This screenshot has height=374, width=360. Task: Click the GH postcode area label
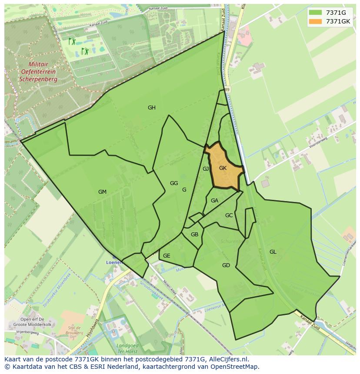tap(151, 108)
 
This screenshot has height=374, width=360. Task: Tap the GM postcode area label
tap(102, 192)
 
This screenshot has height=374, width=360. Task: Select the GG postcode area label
tap(174, 183)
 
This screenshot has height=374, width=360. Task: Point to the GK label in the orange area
tap(223, 168)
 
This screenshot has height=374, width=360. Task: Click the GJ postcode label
tap(206, 169)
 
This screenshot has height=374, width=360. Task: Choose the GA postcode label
tap(214, 201)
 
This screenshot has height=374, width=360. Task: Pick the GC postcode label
tap(229, 215)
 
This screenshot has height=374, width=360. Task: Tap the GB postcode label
tap(194, 235)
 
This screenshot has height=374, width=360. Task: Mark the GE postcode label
tap(167, 256)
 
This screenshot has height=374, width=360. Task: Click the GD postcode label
tap(226, 265)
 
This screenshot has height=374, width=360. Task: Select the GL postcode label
tap(273, 252)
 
